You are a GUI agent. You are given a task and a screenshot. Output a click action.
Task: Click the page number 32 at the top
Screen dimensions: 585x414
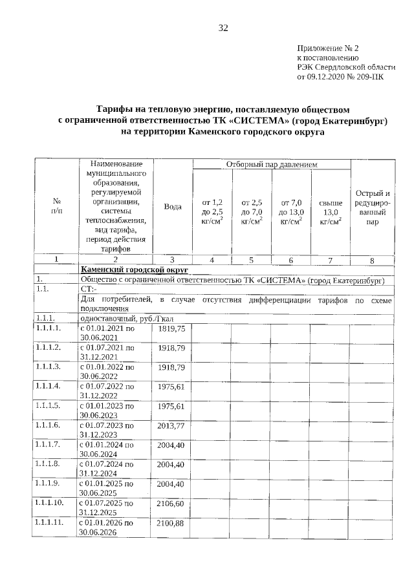tap(223, 28)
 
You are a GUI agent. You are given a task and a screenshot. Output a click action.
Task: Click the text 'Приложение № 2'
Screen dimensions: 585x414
tap(327, 48)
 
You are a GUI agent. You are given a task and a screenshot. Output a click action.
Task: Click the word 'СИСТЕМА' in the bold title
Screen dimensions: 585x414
tap(266, 120)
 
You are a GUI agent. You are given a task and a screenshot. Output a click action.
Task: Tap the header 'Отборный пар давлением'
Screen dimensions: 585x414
tap(271, 165)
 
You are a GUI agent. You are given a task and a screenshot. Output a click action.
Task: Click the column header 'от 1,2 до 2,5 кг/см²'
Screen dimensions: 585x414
tap(212, 212)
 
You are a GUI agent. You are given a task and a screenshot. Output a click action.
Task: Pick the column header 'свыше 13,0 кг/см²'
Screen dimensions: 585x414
tap(330, 212)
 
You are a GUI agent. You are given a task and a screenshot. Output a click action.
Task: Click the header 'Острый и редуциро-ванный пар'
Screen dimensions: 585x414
tap(372, 207)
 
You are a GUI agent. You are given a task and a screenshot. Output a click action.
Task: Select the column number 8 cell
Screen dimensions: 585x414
tap(372, 260)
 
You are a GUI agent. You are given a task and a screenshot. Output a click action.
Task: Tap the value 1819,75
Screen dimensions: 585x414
tap(171, 328)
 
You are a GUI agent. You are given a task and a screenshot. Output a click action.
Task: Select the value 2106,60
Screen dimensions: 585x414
tap(171, 503)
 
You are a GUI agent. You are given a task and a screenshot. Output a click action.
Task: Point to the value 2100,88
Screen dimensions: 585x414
tap(171, 522)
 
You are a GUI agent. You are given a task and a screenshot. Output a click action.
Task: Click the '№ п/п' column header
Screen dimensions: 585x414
tap(56, 206)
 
